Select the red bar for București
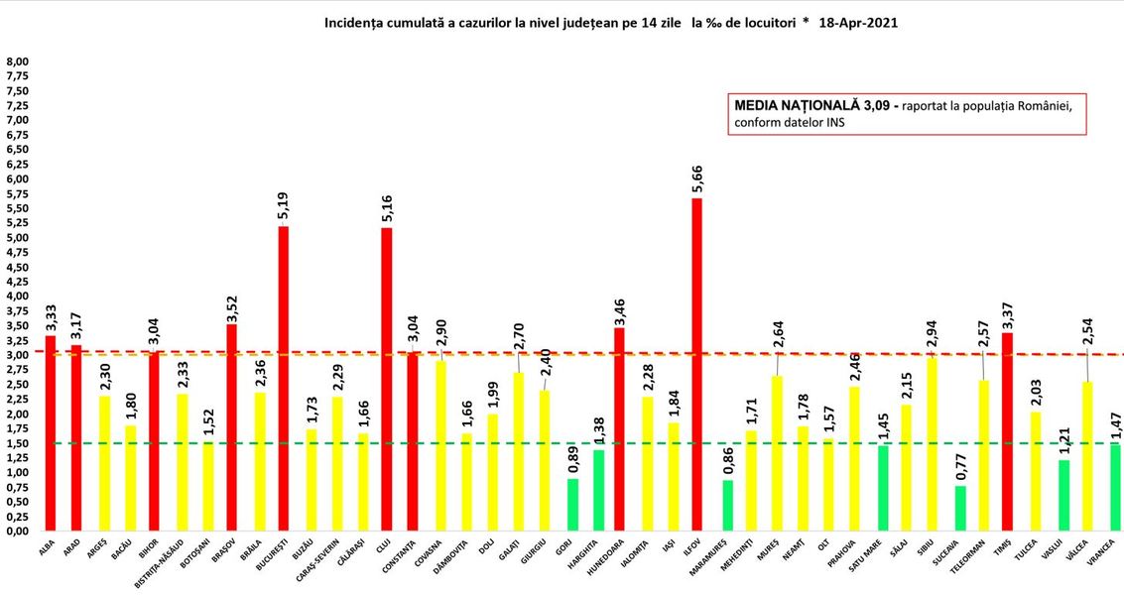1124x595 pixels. click(x=283, y=378)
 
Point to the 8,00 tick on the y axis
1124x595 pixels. click(x=18, y=61)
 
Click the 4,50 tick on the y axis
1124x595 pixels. click(x=18, y=267)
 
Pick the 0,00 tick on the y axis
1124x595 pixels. click(x=18, y=531)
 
